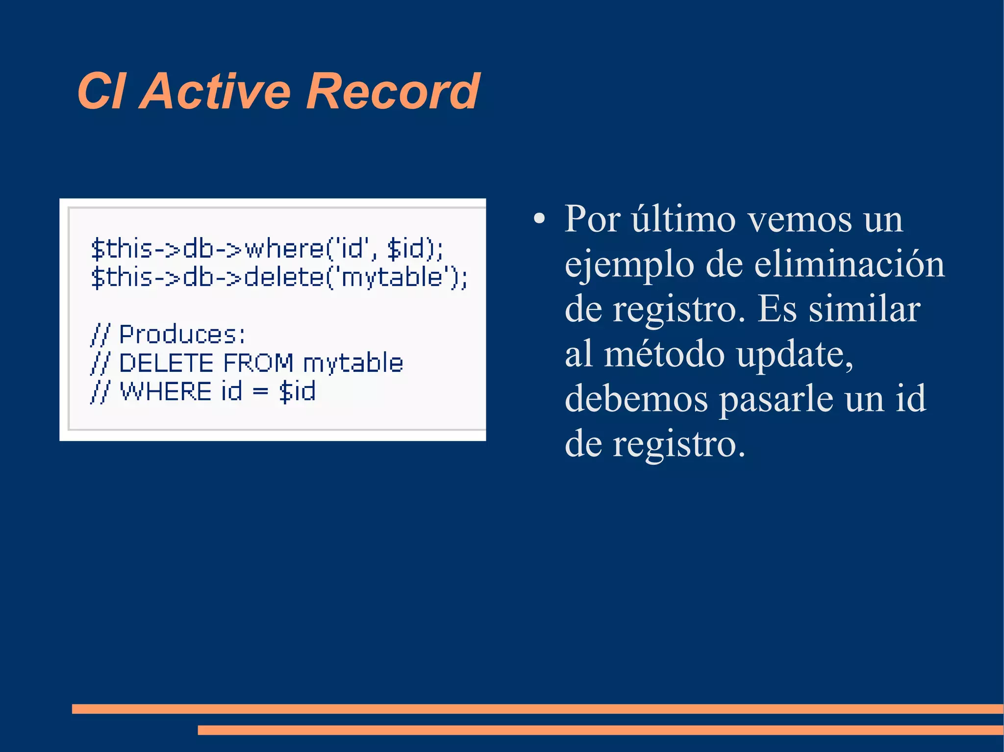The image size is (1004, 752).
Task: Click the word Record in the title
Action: point(393,91)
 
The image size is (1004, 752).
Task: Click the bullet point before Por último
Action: point(539,219)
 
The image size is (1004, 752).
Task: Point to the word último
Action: point(683,219)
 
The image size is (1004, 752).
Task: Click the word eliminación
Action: point(849,265)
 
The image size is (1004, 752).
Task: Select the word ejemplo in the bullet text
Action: point(629,265)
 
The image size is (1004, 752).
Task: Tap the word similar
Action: point(864,309)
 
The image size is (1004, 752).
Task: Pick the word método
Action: point(664,354)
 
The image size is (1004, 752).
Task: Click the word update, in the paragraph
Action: point(795,354)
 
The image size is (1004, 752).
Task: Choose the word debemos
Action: point(636,399)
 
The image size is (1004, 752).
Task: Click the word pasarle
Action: point(776,399)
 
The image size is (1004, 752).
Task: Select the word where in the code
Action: point(284,249)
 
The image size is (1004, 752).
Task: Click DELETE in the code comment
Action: point(166,363)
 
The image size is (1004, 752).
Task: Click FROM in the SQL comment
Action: point(258,363)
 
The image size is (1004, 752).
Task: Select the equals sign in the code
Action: point(260,391)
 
